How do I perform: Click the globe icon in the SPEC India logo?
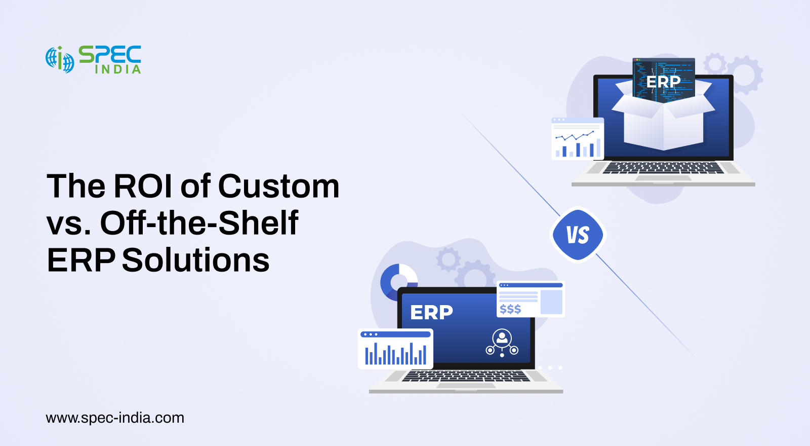click(x=60, y=60)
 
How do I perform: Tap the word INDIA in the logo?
click(x=118, y=69)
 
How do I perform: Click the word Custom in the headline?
click(x=278, y=186)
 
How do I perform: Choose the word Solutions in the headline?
click(x=196, y=259)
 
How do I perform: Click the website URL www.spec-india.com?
click(x=115, y=418)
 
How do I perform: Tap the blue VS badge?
click(x=578, y=235)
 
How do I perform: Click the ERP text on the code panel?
click(x=663, y=82)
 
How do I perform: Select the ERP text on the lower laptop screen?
click(x=431, y=312)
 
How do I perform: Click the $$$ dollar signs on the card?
click(x=510, y=309)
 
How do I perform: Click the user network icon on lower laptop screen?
click(x=502, y=343)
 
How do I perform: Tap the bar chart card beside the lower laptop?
click(x=395, y=349)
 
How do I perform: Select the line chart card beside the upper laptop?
click(x=578, y=139)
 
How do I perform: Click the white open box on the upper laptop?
click(x=664, y=116)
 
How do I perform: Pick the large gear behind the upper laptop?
click(x=745, y=75)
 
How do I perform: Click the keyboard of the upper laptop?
click(x=663, y=168)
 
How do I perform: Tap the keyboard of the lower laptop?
click(x=466, y=376)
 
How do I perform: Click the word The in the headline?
click(x=76, y=186)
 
